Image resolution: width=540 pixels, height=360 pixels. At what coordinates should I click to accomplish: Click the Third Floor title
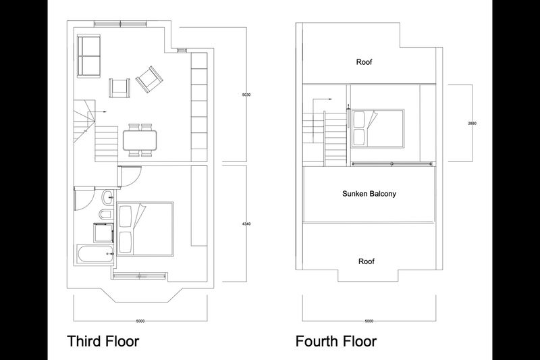[x=103, y=341]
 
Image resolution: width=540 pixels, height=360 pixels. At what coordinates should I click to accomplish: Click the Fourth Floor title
[x=336, y=341]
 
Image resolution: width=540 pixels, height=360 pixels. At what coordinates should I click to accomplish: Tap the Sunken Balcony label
[x=369, y=194]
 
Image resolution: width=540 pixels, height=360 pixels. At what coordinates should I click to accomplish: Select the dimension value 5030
[x=246, y=95]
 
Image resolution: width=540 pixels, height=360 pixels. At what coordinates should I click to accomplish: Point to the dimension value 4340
[x=246, y=224]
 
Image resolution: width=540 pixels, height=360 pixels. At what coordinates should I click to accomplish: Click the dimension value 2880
[x=472, y=123]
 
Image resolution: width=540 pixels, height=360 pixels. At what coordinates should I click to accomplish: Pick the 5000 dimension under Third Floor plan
[x=140, y=321]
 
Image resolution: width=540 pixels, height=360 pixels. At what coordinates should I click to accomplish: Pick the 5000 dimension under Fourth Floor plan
[x=369, y=321]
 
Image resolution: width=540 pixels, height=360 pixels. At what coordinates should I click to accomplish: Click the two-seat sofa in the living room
[x=89, y=56]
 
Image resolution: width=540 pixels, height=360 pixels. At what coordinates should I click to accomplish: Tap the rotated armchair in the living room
[x=149, y=79]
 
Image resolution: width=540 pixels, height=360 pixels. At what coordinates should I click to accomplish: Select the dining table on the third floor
[x=140, y=140]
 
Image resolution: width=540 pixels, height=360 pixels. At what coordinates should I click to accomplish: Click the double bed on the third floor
[x=145, y=229]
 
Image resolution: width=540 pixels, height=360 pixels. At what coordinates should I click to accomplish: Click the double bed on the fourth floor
[x=377, y=128]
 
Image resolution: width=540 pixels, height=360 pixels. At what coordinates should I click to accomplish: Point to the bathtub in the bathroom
[x=94, y=254]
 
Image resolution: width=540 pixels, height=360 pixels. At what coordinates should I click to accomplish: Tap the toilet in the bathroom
[x=105, y=214]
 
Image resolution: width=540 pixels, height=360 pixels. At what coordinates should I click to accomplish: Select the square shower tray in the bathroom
[x=103, y=232]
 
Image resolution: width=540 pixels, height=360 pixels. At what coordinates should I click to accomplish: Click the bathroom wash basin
[x=107, y=197]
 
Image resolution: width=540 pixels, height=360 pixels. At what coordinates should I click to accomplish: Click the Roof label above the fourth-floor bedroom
[x=364, y=62]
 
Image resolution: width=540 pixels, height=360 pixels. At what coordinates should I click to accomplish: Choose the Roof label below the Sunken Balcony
[x=366, y=261]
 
